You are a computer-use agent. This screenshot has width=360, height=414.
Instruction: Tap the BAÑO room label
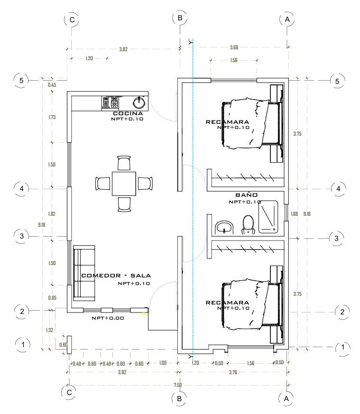(x=247, y=195)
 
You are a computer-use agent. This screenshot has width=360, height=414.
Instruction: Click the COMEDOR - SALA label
(x=116, y=276)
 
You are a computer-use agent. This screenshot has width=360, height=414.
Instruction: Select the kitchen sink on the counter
(x=139, y=103)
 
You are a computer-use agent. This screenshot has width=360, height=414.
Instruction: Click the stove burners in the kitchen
(x=110, y=102)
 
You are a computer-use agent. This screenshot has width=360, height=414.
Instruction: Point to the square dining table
(x=124, y=184)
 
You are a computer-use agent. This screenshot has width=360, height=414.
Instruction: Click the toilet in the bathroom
(x=248, y=225)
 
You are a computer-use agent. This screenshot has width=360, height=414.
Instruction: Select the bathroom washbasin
(x=224, y=227)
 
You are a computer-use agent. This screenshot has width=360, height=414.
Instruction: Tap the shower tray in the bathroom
(x=268, y=217)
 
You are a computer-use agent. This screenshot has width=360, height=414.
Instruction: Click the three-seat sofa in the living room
(x=84, y=273)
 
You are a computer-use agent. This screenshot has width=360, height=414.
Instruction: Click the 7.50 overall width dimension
(x=178, y=385)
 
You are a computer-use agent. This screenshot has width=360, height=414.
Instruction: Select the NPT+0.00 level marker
(x=108, y=318)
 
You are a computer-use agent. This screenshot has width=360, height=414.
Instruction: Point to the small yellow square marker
(x=144, y=314)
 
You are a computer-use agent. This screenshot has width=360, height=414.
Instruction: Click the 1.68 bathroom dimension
(x=294, y=214)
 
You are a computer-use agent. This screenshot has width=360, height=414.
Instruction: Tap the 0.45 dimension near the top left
(x=52, y=85)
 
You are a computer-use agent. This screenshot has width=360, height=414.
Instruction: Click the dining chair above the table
(x=124, y=163)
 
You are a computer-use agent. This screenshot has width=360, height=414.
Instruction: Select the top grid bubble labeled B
(x=180, y=18)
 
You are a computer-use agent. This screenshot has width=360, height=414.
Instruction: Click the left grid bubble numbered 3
(x=22, y=236)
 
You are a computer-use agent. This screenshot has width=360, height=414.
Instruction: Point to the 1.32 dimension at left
(x=49, y=330)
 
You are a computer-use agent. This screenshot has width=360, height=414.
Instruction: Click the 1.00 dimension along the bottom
(x=163, y=363)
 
